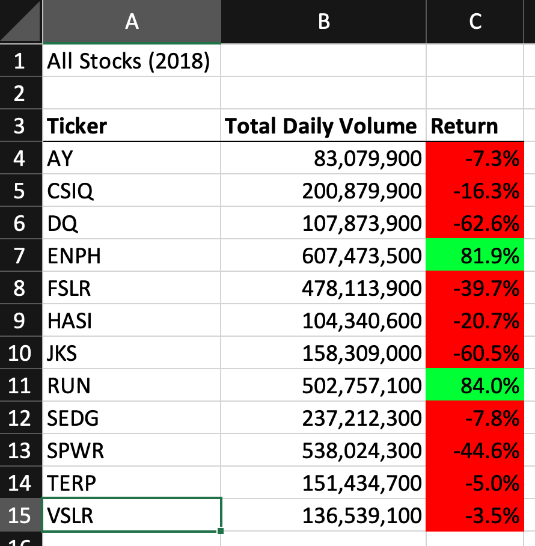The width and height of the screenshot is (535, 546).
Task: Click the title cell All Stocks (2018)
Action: [129, 61]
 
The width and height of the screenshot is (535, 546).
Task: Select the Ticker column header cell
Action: [77, 126]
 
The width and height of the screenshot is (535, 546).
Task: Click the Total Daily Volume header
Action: [321, 126]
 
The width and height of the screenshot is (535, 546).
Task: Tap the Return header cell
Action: [465, 126]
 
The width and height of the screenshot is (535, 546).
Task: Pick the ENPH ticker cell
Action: [75, 256]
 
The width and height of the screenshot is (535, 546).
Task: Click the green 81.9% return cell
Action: [475, 256]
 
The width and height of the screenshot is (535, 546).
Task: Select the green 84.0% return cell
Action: [475, 385]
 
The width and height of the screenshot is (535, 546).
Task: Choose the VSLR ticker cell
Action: [71, 515]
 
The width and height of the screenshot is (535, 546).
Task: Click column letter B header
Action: [323, 22]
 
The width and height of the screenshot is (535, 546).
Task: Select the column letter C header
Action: [475, 22]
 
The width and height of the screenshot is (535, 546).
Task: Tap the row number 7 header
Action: [20, 256]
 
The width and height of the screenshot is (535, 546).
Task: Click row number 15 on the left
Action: [20, 515]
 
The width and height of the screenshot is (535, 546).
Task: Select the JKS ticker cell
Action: [63, 352]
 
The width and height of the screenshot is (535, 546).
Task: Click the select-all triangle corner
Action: [22, 22]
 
